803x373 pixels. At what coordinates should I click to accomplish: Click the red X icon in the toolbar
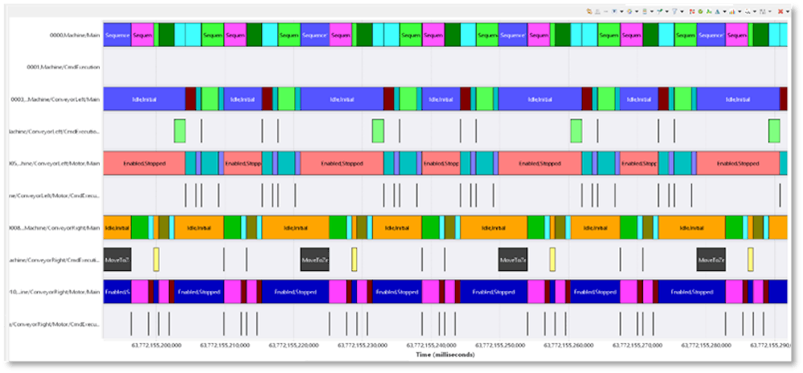(780, 11)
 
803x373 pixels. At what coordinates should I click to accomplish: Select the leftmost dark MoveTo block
(117, 260)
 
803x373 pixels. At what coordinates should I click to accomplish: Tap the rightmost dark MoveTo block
(711, 260)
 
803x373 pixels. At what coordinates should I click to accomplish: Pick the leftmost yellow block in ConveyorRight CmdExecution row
(156, 260)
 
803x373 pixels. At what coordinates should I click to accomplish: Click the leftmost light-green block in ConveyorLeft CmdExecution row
(179, 131)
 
